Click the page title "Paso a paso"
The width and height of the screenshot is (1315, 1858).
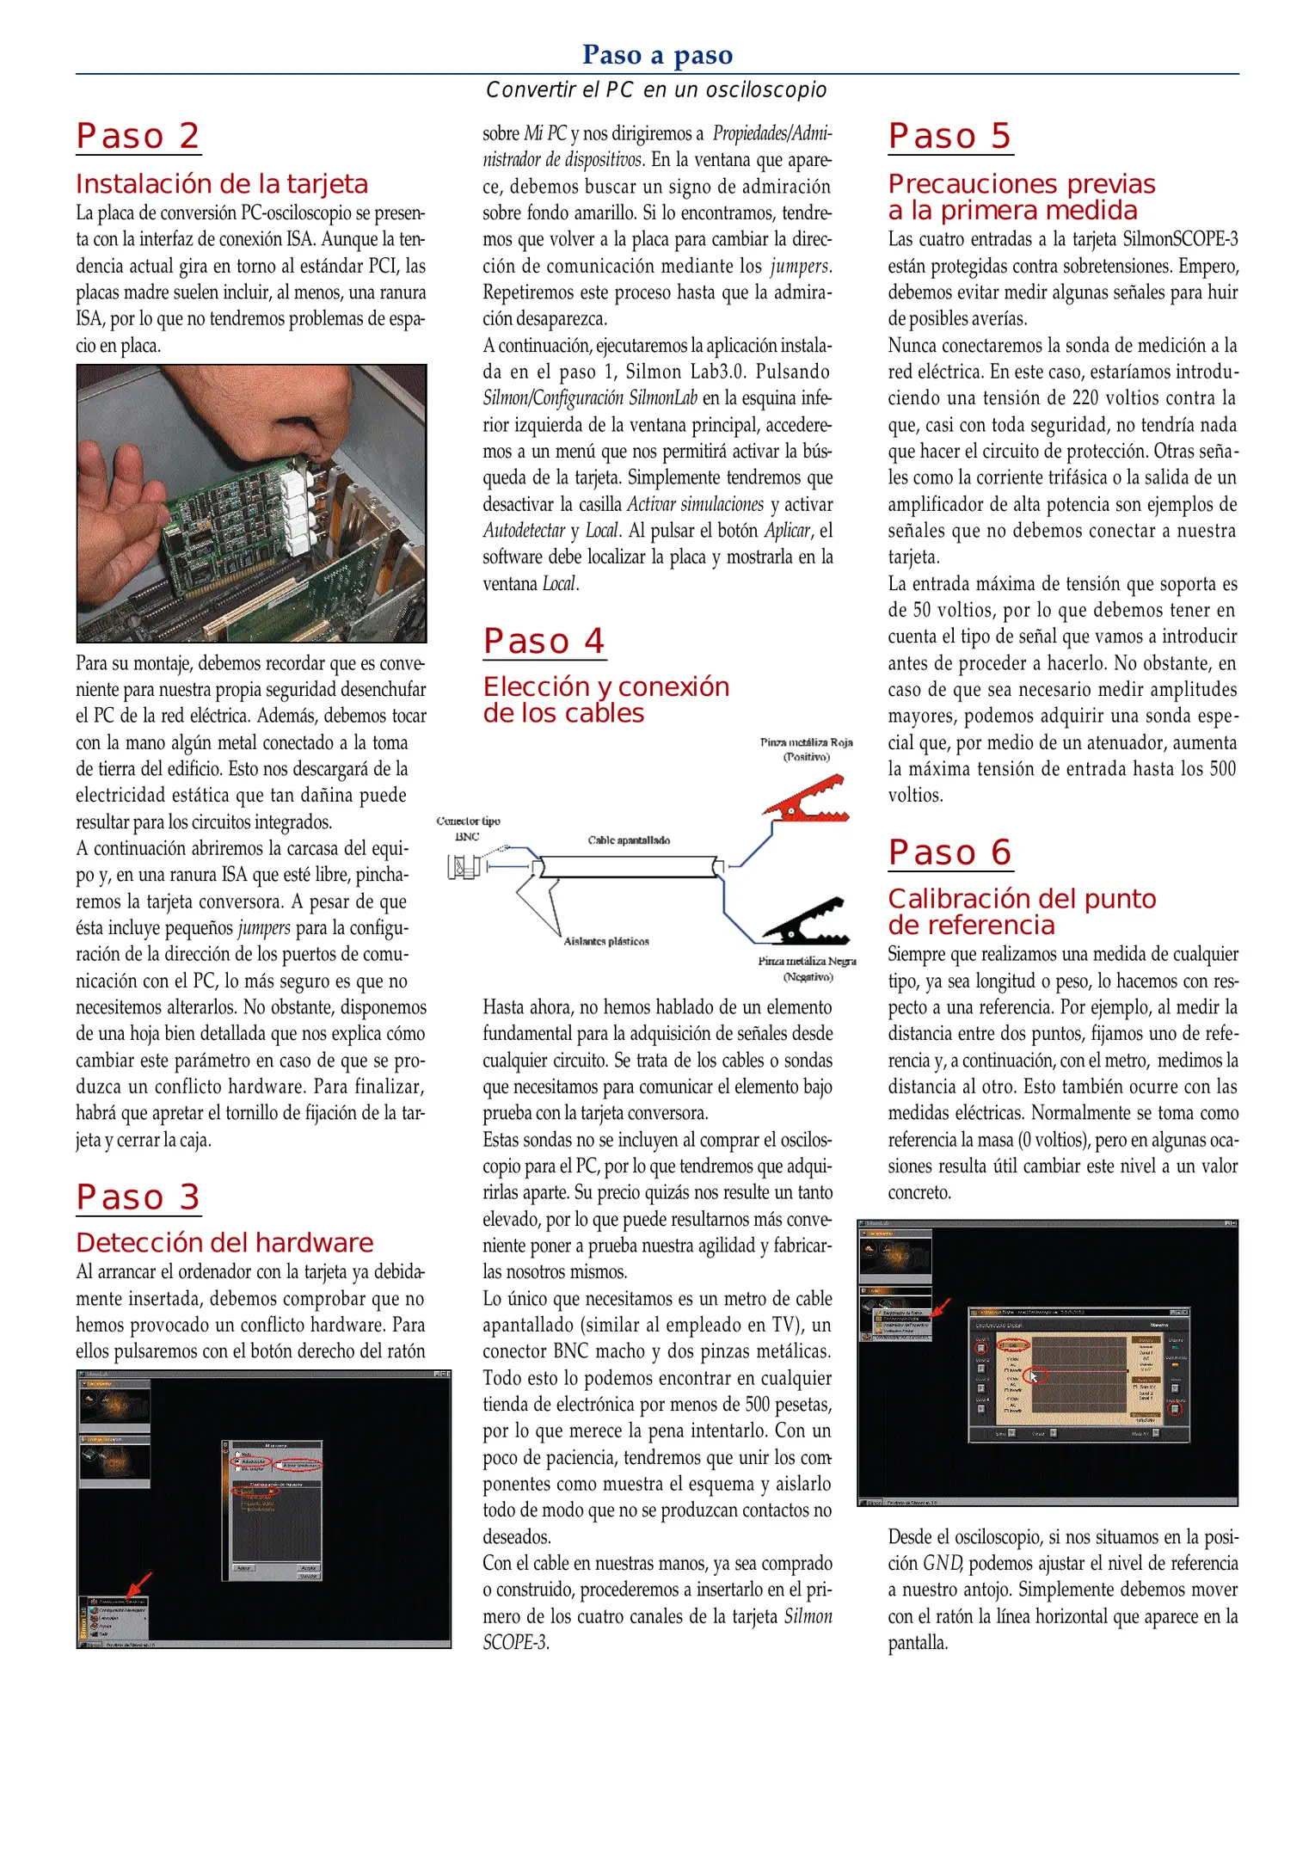point(657,55)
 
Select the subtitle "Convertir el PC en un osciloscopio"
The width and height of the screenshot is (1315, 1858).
point(656,89)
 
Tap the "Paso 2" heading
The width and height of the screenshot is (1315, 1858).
point(138,136)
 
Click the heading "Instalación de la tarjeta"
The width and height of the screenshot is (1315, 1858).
point(222,184)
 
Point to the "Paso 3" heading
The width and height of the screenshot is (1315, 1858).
point(138,1197)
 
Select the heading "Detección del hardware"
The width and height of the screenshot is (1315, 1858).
point(224,1242)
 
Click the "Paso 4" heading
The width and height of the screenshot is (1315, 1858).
point(544,641)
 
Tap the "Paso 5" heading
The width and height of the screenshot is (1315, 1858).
point(950,136)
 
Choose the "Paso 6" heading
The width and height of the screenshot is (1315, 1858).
point(950,852)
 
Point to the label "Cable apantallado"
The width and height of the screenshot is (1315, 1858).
point(629,840)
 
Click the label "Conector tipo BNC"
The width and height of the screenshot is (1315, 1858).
point(468,828)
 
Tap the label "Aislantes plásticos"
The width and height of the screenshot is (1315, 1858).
point(606,941)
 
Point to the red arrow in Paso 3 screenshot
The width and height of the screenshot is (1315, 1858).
point(138,1584)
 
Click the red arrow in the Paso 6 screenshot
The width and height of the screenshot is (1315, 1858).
point(942,1307)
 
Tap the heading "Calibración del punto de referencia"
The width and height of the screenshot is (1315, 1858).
point(1022,911)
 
